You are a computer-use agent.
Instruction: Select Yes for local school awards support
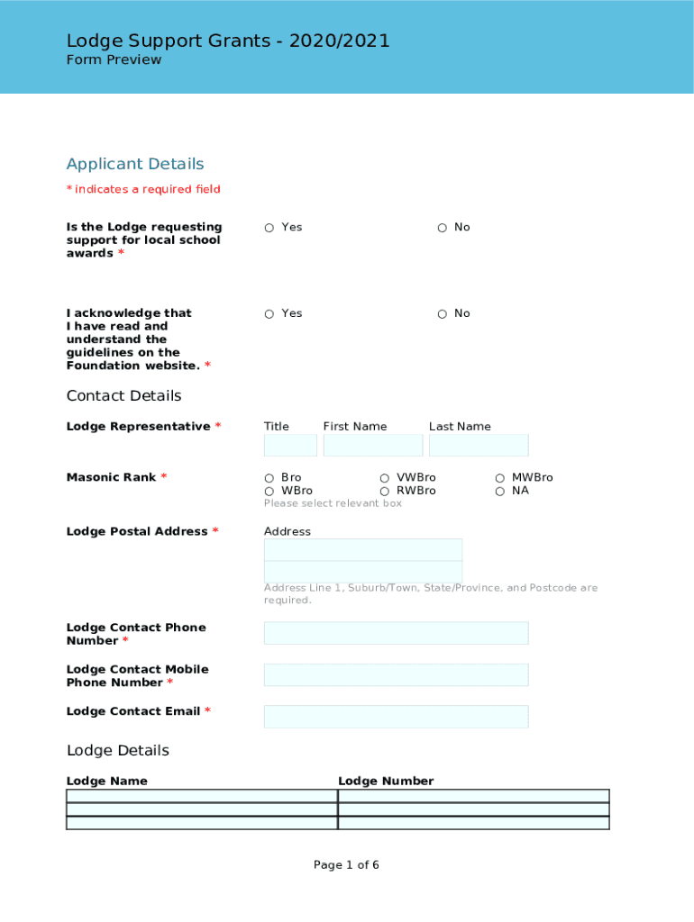269,228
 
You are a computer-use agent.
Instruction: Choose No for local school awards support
442,228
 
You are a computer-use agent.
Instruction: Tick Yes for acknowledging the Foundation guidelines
269,314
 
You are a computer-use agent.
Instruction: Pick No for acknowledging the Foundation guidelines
442,314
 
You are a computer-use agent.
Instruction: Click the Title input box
290,446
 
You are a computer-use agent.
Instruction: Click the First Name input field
372,446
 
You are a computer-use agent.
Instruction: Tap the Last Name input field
479,446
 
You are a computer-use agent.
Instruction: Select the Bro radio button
269,478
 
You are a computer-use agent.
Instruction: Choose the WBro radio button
269,492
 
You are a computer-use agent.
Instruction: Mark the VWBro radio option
384,478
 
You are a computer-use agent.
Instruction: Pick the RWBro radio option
384,492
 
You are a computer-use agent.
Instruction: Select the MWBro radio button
499,478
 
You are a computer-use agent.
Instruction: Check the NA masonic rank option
499,492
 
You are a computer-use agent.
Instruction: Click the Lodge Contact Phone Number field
396,633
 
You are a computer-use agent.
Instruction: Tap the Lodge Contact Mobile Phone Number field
396,675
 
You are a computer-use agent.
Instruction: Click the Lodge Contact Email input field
396,717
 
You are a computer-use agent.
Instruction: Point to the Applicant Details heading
135,164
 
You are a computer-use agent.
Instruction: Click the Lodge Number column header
386,782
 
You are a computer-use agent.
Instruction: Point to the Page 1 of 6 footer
346,865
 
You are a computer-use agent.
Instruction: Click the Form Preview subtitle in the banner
114,60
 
